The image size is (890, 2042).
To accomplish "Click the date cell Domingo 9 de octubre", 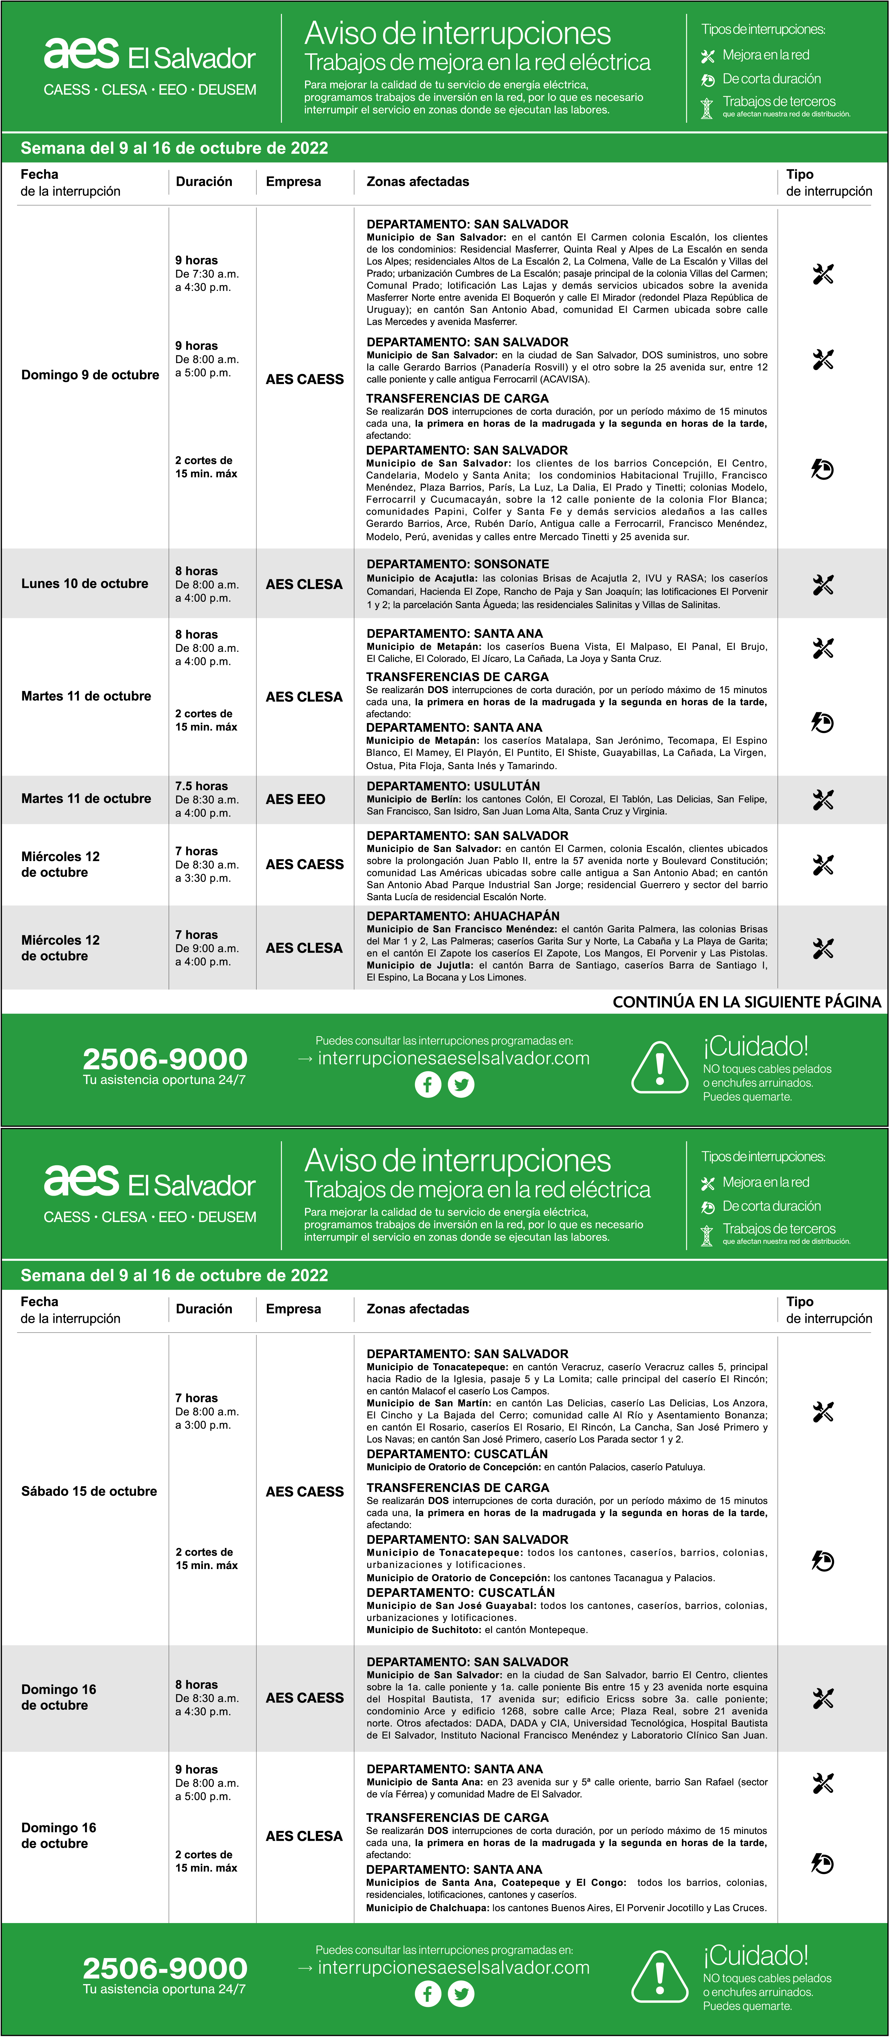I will [x=89, y=375].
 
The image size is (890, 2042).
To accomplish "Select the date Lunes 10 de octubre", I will [x=85, y=584].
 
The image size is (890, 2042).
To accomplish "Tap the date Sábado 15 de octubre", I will [x=89, y=1491].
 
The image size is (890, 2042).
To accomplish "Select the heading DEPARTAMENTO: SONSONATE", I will [x=457, y=564].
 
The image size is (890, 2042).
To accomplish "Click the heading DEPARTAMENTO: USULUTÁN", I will [x=453, y=786].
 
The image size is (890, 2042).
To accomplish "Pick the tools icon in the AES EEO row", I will [x=823, y=800].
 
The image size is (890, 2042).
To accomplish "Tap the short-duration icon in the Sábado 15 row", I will [x=823, y=1561].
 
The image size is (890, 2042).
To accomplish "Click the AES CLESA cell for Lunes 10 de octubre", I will [x=304, y=584].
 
